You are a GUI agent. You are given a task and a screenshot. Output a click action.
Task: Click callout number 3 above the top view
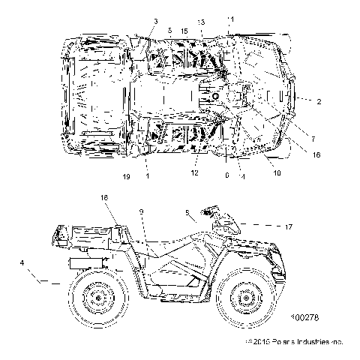(156, 20)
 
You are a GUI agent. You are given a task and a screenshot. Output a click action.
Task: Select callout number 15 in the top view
(184, 31)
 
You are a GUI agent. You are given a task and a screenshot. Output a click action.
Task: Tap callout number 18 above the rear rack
(104, 196)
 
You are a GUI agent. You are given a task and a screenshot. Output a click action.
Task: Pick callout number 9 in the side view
(140, 212)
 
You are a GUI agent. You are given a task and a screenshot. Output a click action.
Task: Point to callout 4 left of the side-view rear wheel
(23, 262)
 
